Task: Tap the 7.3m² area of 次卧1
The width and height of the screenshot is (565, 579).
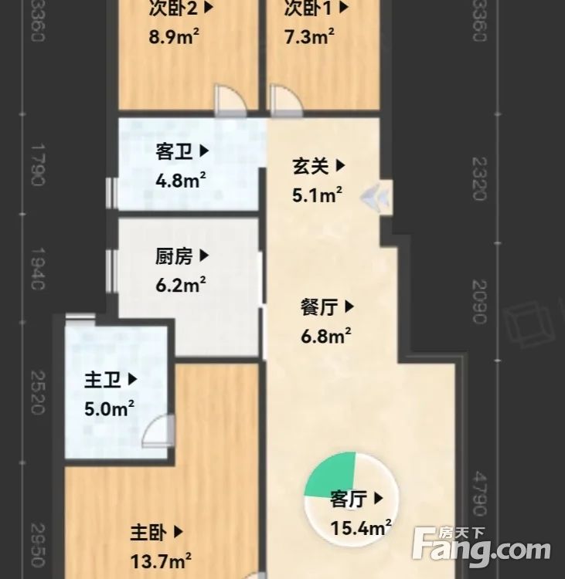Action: click(308, 36)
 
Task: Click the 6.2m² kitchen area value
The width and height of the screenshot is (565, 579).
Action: click(181, 285)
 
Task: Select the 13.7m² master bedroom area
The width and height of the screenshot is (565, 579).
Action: click(161, 560)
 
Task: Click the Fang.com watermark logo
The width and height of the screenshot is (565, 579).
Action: click(481, 546)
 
